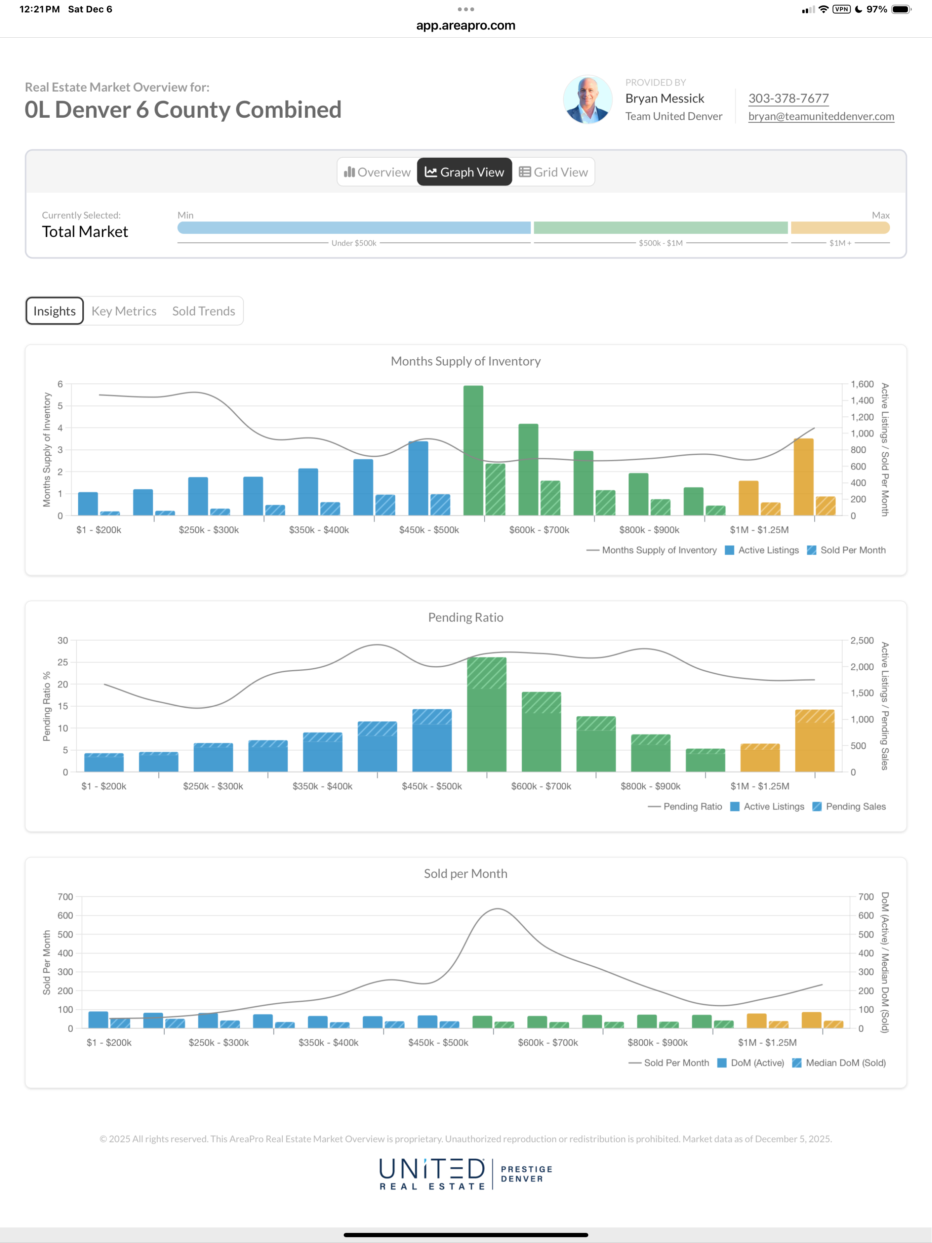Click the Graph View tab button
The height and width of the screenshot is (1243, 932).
(x=464, y=172)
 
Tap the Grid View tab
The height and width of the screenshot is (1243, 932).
(x=553, y=172)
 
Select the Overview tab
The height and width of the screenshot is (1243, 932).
(x=377, y=172)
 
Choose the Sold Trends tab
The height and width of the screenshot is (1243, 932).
(x=203, y=311)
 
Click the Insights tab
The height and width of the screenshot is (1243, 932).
(x=54, y=311)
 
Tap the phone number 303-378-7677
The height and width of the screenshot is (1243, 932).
(x=788, y=98)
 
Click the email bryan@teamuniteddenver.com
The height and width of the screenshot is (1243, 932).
(x=821, y=116)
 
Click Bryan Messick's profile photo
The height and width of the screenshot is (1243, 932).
(x=588, y=99)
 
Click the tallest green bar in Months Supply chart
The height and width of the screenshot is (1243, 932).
(x=473, y=449)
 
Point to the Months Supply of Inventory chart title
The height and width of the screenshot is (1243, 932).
(x=466, y=361)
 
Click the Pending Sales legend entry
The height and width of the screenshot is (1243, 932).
(x=849, y=806)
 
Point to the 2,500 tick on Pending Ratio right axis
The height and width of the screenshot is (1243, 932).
(x=862, y=641)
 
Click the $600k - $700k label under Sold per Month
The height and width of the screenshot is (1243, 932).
(x=548, y=1043)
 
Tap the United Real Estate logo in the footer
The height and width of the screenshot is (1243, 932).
(x=432, y=1173)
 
